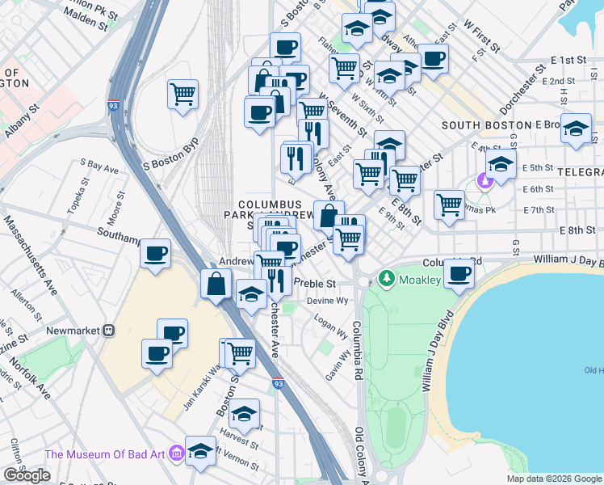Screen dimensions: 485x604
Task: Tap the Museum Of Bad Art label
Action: click(x=105, y=455)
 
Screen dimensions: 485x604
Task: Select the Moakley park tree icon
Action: click(x=387, y=279)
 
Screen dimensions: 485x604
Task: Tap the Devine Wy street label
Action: click(x=326, y=301)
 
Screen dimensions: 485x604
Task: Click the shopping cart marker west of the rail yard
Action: click(x=183, y=93)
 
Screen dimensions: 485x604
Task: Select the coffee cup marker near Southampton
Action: click(x=155, y=253)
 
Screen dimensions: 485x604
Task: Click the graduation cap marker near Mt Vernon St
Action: click(x=200, y=450)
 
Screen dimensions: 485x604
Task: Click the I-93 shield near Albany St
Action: click(x=111, y=105)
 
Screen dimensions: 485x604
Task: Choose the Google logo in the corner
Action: click(x=27, y=475)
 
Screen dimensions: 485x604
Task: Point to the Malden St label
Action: click(x=84, y=16)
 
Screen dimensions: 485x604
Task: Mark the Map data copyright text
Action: click(x=553, y=479)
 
